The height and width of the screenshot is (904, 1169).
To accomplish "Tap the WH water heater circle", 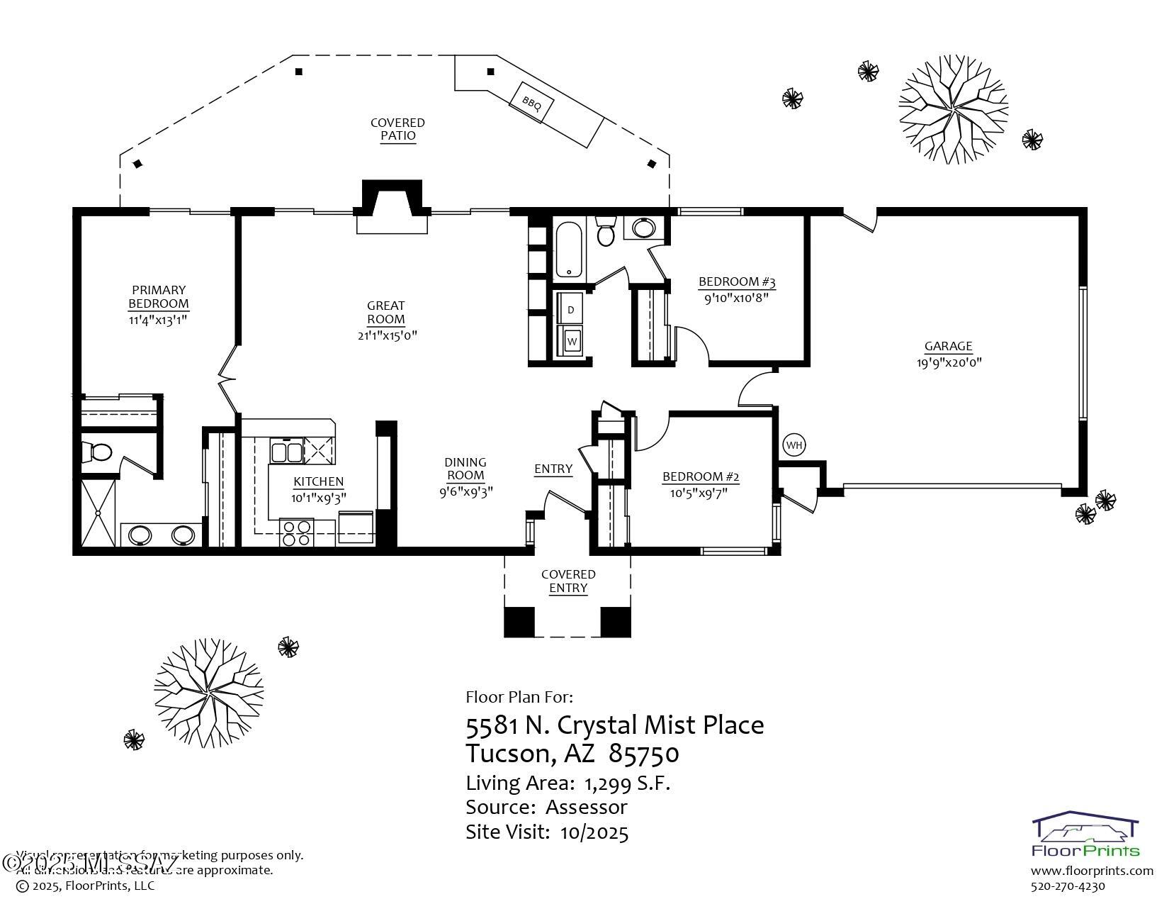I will pyautogui.click(x=794, y=445).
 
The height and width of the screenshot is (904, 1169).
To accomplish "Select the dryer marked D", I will pyautogui.click(x=571, y=310).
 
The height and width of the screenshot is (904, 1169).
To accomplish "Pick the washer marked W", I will pyautogui.click(x=572, y=342).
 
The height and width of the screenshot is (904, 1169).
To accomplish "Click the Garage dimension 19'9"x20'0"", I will pyautogui.click(x=948, y=362).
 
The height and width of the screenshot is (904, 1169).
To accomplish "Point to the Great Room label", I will pyautogui.click(x=385, y=312).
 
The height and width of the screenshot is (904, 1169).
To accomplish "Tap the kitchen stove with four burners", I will pyautogui.click(x=297, y=532).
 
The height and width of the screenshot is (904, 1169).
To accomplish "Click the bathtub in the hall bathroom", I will pyautogui.click(x=569, y=250).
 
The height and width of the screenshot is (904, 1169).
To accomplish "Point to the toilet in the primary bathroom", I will pyautogui.click(x=96, y=452).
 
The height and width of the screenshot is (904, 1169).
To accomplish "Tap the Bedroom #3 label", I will pyautogui.click(x=737, y=281).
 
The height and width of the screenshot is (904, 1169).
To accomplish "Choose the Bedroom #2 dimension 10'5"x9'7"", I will pyautogui.click(x=699, y=492).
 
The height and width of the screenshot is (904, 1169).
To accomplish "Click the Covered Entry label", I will pyautogui.click(x=568, y=581).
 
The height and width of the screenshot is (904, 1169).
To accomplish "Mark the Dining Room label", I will pyautogui.click(x=465, y=469).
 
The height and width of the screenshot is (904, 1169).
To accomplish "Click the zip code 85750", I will pyautogui.click(x=643, y=754).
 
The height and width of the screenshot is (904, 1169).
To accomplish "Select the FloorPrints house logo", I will pyautogui.click(x=1085, y=830).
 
